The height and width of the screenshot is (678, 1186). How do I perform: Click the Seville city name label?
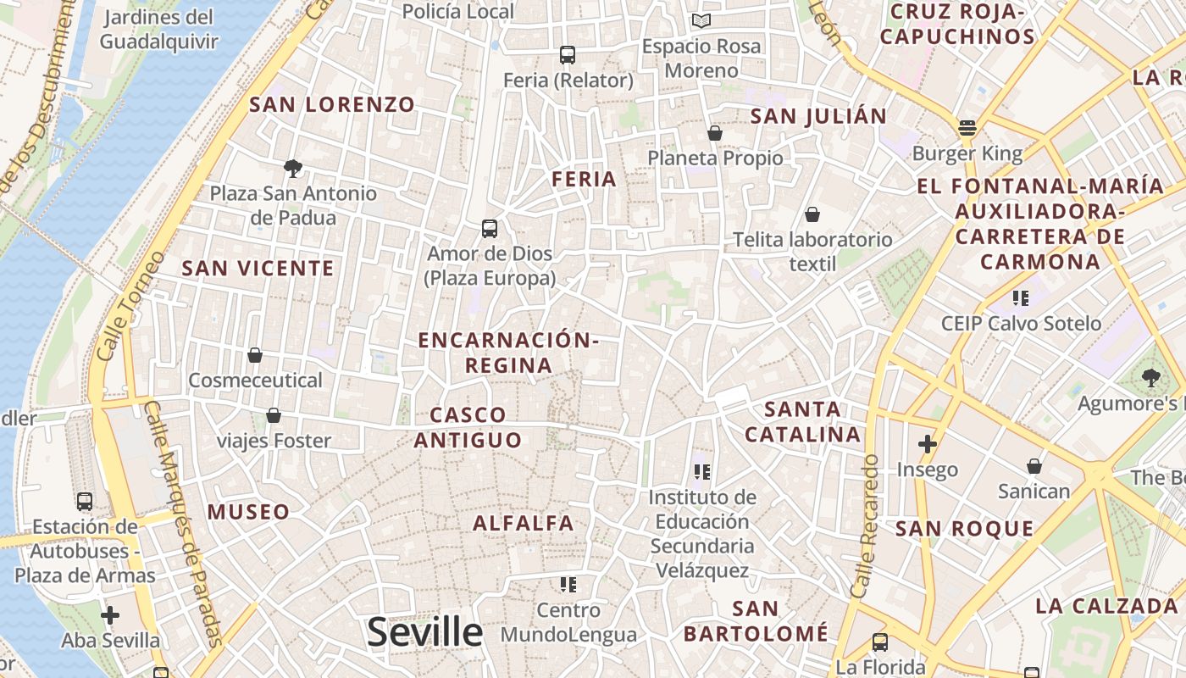[424, 632]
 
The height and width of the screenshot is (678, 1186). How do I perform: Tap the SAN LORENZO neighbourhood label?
[332, 104]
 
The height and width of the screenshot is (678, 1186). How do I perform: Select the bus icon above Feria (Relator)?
[568, 55]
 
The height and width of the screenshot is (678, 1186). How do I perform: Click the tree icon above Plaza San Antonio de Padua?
[293, 168]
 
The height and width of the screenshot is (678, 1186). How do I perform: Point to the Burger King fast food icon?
[967, 128]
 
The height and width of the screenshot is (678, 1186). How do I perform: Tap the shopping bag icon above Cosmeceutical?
[255, 355]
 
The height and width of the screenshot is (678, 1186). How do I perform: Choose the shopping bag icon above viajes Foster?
[274, 415]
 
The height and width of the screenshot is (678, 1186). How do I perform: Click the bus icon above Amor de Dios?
[490, 228]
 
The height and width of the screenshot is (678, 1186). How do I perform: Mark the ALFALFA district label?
[524, 523]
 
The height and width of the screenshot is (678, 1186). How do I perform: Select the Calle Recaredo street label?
[869, 525]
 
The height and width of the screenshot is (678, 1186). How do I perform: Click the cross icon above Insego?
[928, 443]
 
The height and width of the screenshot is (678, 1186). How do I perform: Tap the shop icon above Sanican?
[1034, 466]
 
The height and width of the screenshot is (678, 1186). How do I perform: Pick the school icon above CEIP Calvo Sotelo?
[1021, 297]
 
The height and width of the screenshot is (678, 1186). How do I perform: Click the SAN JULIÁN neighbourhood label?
[819, 115]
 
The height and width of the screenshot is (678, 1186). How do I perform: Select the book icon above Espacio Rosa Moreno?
[701, 20]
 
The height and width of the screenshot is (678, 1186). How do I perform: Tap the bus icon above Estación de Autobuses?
[85, 501]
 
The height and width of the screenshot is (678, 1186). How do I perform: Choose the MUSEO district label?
[248, 511]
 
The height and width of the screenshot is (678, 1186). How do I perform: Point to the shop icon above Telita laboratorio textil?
[812, 214]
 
